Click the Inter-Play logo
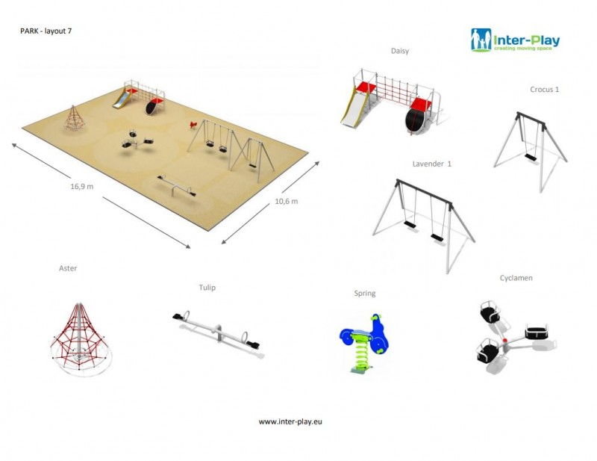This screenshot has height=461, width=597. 515,40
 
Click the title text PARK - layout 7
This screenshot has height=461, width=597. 46,31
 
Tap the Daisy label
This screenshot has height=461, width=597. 400,51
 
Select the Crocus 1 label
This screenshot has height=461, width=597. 545,90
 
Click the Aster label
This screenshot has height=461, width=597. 68,267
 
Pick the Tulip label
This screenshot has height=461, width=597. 207,287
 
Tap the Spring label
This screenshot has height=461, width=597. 365,294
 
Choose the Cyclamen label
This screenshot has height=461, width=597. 516,278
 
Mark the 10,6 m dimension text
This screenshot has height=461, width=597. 286,202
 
